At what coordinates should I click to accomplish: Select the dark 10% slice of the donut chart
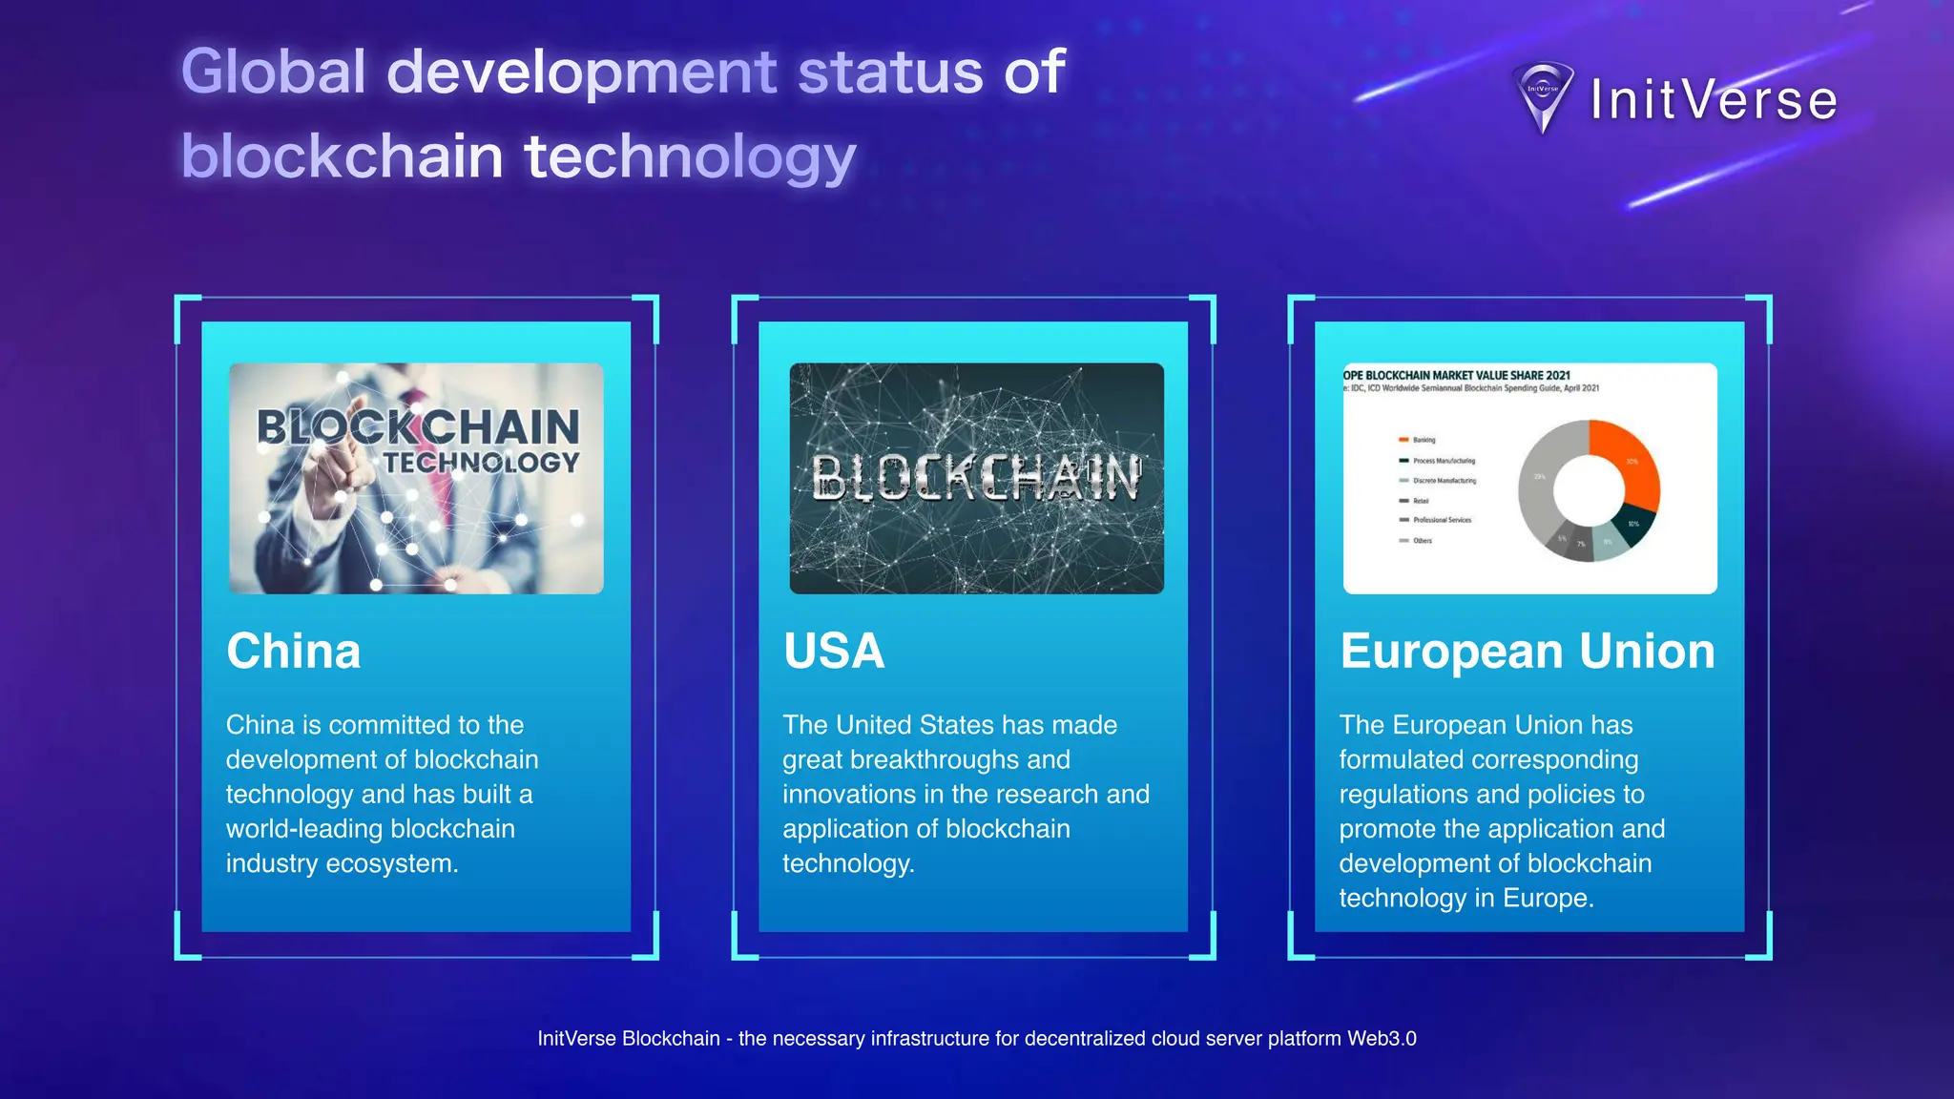pyautogui.click(x=1635, y=526)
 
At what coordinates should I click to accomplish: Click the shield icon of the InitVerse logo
pyautogui.click(x=1543, y=96)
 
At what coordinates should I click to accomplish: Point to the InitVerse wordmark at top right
pyautogui.click(x=1714, y=99)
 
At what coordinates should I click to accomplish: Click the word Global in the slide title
pyautogui.click(x=273, y=72)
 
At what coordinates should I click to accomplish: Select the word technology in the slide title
pyautogui.click(x=690, y=156)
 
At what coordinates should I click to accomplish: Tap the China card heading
pyautogui.click(x=294, y=652)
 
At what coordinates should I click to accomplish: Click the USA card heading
pyautogui.click(x=834, y=652)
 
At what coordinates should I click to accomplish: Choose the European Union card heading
pyautogui.click(x=1528, y=652)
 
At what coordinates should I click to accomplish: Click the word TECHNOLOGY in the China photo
pyautogui.click(x=481, y=463)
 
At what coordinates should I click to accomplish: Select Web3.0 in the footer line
pyautogui.click(x=1382, y=1039)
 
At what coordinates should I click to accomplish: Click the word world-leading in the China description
pyautogui.click(x=304, y=829)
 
